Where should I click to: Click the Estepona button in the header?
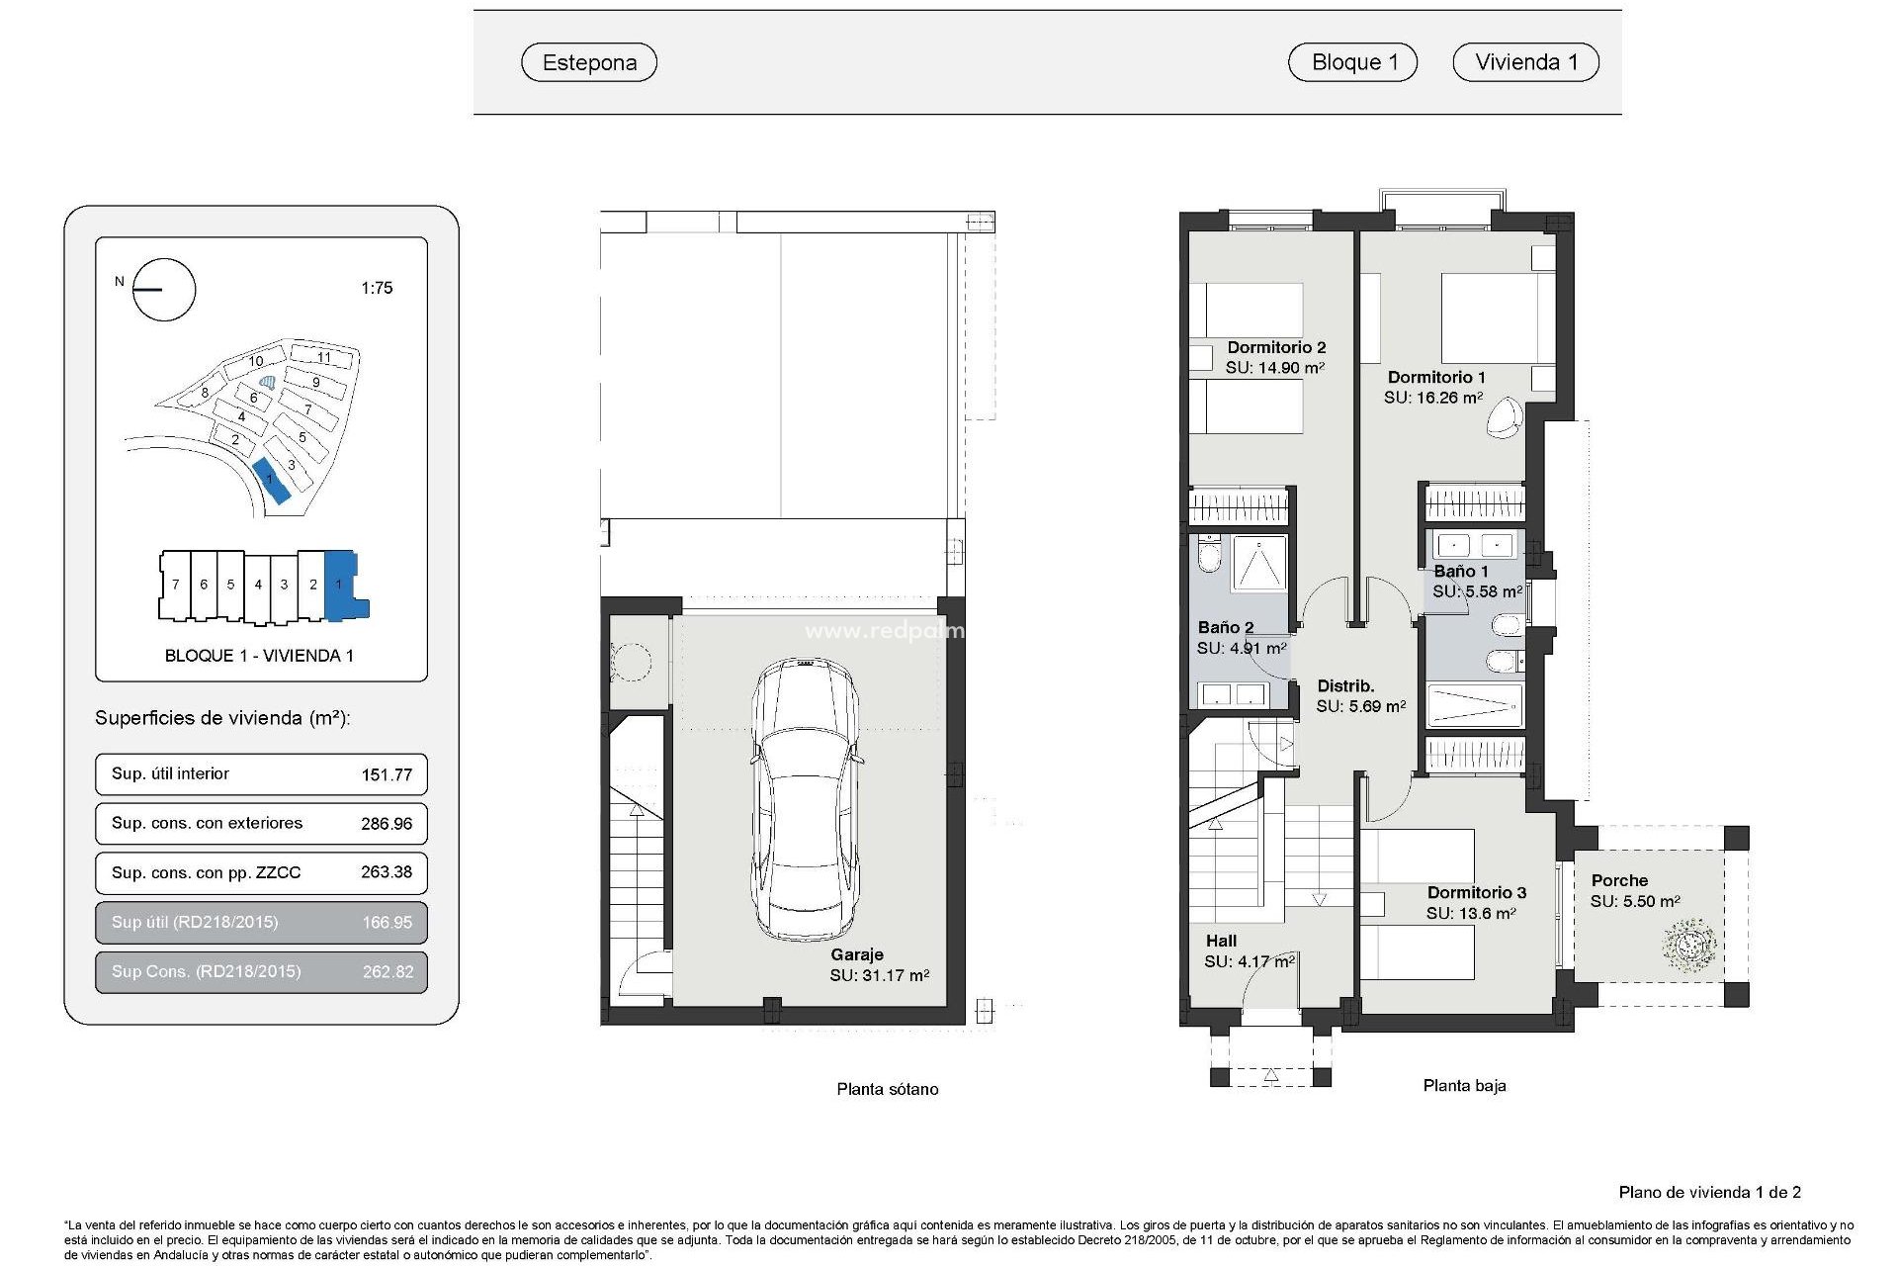click(x=589, y=62)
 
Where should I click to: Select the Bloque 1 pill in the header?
click(x=1352, y=61)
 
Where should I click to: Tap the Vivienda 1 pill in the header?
click(x=1525, y=61)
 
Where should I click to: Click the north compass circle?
click(x=164, y=290)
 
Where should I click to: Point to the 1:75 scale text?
click(x=377, y=288)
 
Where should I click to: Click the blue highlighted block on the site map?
click(x=271, y=482)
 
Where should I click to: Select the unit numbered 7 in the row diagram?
click(x=175, y=585)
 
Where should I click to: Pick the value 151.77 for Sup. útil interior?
click(x=387, y=774)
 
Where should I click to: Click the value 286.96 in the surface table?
click(x=387, y=823)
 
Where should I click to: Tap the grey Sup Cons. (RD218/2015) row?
click(x=261, y=971)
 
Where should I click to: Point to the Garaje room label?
click(x=856, y=954)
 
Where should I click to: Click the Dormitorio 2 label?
click(x=1276, y=347)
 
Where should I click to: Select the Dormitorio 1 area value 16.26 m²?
click(x=1432, y=398)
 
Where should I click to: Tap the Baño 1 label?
click(x=1460, y=571)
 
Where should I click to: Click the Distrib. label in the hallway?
click(x=1345, y=685)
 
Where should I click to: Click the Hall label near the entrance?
click(x=1221, y=941)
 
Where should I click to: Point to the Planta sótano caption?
click(x=887, y=1089)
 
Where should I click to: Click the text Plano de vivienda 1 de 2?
click(x=1709, y=1192)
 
